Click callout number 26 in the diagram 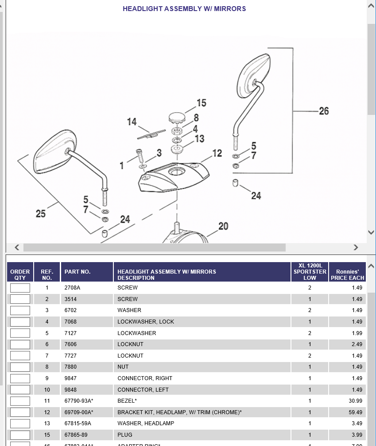(x=324, y=111)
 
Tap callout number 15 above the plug (x=202, y=103)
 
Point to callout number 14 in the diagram (x=132, y=122)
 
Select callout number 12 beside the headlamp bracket (x=217, y=153)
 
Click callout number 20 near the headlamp (x=223, y=226)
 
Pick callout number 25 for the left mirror (x=41, y=214)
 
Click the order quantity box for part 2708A (x=20, y=288)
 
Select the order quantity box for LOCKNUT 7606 (x=20, y=344)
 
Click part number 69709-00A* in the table (x=79, y=412)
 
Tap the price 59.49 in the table (x=356, y=412)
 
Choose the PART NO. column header (x=78, y=272)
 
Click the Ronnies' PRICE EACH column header (x=347, y=274)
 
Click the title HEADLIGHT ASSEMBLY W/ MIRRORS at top (x=184, y=9)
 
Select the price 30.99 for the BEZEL (x=356, y=401)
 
